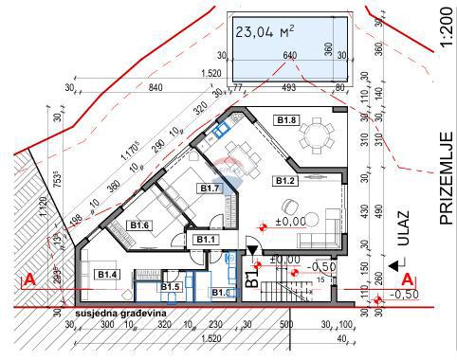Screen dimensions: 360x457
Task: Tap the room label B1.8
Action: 287,120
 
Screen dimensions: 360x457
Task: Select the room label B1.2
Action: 286,180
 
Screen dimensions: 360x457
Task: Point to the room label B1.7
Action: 210,189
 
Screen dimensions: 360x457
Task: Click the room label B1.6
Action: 139,225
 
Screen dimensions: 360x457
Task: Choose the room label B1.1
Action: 205,240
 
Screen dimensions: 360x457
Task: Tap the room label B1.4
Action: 107,275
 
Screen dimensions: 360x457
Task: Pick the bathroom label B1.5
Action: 171,286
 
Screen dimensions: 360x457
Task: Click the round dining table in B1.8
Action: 314,139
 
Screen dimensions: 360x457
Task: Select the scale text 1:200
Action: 446,32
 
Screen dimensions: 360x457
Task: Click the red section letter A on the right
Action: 408,279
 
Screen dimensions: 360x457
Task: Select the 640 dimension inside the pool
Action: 290,55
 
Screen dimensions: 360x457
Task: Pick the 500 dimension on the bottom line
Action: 285,324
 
